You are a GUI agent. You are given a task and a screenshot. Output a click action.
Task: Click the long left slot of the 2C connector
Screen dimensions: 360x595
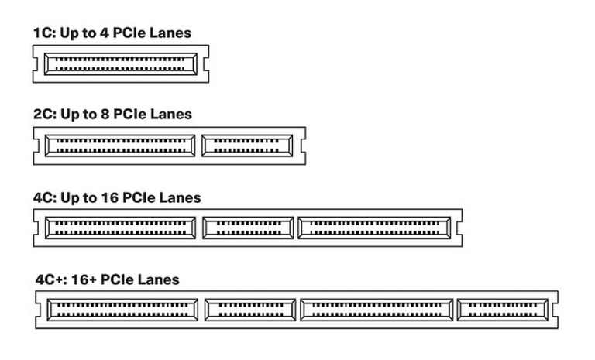tap(121, 145)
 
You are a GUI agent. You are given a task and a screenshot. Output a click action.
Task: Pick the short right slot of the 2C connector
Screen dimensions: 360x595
tap(247, 145)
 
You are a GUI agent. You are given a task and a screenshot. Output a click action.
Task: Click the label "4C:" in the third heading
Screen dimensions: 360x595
tap(44, 197)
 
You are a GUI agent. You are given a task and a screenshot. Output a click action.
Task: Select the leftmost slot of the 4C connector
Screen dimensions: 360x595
tap(121, 228)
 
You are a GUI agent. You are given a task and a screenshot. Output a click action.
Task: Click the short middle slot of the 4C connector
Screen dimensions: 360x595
tap(248, 228)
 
